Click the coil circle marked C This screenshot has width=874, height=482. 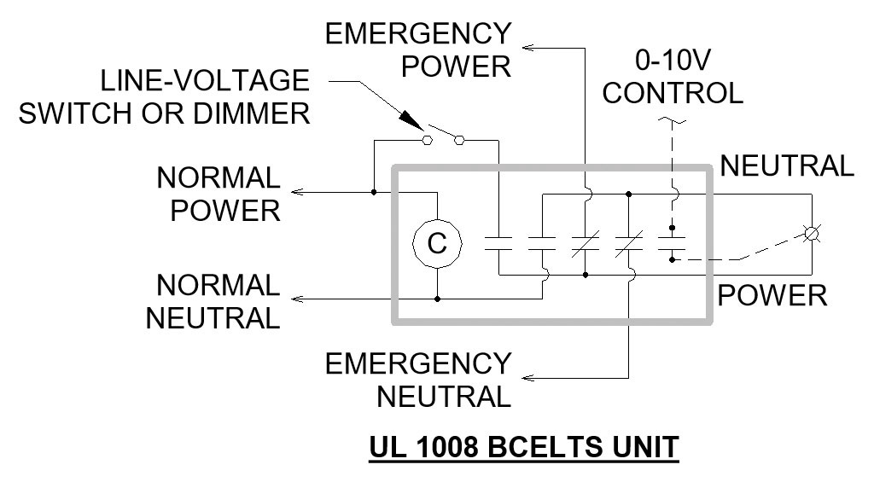point(437,244)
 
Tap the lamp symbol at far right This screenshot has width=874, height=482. point(811,233)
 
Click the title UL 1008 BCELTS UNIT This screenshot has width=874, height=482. point(523,446)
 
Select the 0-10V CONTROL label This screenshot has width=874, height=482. point(673,77)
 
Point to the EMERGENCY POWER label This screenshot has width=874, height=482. point(418,49)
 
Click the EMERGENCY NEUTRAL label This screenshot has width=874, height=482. point(418,380)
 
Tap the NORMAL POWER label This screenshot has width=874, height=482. point(218,194)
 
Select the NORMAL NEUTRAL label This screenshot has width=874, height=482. point(213,301)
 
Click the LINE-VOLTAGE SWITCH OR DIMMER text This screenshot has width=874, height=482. point(164,96)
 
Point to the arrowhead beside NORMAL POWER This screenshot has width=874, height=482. point(295,192)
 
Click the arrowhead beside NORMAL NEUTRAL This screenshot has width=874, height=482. point(295,299)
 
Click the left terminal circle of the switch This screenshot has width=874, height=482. point(425,139)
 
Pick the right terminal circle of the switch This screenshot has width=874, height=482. point(461,139)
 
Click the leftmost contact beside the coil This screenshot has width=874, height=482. point(498,244)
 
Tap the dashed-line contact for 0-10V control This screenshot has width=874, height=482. point(673,244)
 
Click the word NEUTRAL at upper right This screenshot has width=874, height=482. point(786,166)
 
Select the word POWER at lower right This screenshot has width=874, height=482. point(772,295)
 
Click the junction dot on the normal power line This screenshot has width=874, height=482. point(373,192)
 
